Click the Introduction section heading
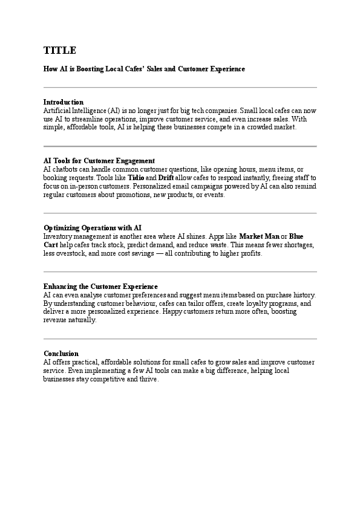click(64, 102)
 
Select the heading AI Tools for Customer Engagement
click(99, 161)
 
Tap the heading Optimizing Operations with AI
click(93, 227)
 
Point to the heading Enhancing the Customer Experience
click(100, 286)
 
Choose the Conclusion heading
click(61, 353)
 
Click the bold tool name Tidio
click(136, 178)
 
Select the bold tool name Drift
click(166, 178)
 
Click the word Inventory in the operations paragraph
click(57, 236)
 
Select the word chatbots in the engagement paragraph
click(66, 169)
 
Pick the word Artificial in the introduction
click(57, 111)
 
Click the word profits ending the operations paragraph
click(250, 253)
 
